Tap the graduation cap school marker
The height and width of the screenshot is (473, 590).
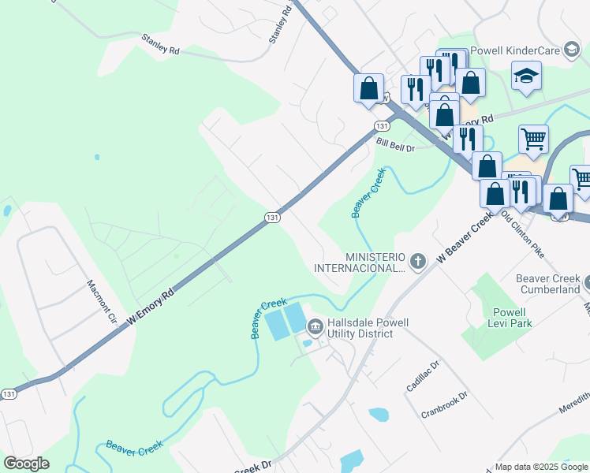(x=525, y=76)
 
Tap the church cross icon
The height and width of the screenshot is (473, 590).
(x=418, y=260)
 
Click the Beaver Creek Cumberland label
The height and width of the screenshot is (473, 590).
(x=547, y=284)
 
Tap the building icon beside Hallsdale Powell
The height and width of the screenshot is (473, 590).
(x=315, y=325)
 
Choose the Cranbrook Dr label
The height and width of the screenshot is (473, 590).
(x=445, y=404)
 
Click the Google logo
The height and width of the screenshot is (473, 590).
(x=26, y=464)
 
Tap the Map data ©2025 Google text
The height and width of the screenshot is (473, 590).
(x=541, y=467)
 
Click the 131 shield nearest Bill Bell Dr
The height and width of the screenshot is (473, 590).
(x=383, y=126)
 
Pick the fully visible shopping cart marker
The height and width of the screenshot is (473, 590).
(x=533, y=140)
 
